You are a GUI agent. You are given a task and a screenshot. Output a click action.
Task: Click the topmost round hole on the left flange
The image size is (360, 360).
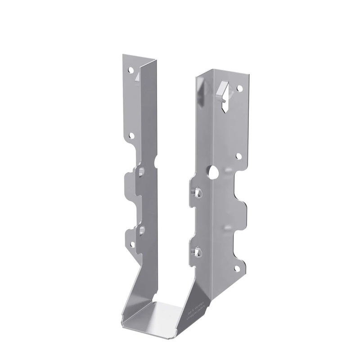(x=131, y=70)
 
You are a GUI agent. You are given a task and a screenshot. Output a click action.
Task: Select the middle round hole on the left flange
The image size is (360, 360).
(x=131, y=135)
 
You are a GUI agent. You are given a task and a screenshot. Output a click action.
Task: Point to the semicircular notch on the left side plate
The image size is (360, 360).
(x=155, y=160)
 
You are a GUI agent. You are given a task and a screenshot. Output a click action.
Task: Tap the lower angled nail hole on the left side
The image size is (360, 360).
(x=142, y=230)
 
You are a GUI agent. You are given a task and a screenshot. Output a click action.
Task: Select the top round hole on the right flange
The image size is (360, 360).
(x=240, y=89)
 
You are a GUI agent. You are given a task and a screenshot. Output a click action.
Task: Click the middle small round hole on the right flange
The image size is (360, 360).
(x=239, y=156)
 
